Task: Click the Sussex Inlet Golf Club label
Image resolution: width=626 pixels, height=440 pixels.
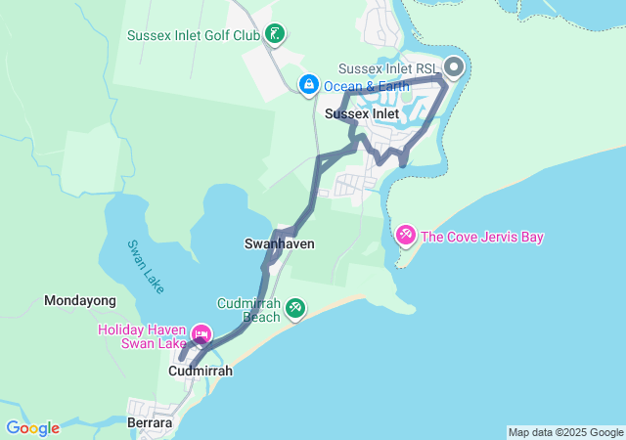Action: click(193, 36)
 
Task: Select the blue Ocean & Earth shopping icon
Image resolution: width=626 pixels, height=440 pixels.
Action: click(309, 85)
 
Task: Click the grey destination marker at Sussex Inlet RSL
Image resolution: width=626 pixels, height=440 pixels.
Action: click(454, 68)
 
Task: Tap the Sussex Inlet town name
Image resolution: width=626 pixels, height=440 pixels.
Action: click(362, 113)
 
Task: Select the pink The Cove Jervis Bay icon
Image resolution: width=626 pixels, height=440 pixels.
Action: click(406, 236)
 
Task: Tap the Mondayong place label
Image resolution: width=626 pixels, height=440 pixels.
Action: click(80, 301)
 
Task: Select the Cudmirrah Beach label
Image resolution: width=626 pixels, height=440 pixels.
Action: click(248, 310)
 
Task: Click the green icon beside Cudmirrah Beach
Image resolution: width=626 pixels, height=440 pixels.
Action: click(295, 310)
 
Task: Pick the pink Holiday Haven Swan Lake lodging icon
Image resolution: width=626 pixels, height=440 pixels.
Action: click(202, 335)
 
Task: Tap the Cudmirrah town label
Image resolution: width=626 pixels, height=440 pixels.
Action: click(201, 372)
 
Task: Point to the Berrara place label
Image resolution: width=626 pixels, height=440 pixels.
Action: click(150, 423)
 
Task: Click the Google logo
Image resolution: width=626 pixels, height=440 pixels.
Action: click(32, 428)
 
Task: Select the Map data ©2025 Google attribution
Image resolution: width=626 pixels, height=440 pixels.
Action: click(565, 432)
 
